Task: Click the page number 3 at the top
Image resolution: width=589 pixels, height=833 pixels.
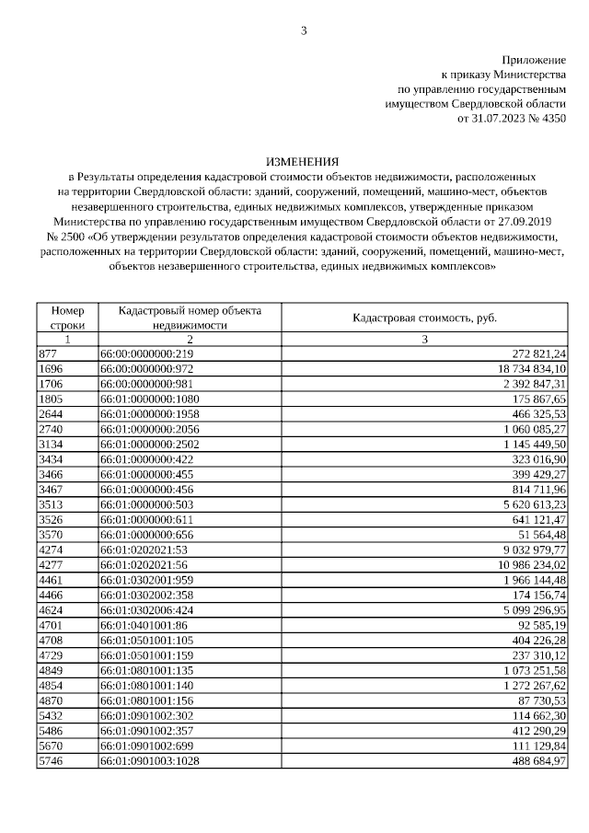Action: [x=304, y=31]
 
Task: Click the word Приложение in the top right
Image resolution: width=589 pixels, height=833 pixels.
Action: [x=534, y=60]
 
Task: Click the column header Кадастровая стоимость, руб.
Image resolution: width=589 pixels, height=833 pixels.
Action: [x=424, y=318]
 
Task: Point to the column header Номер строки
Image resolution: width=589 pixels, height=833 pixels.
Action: [x=67, y=318]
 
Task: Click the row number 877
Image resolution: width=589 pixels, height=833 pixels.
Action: [x=48, y=353]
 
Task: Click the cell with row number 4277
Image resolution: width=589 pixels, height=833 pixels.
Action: [x=51, y=564]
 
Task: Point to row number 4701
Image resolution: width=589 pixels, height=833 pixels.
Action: [x=51, y=624]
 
